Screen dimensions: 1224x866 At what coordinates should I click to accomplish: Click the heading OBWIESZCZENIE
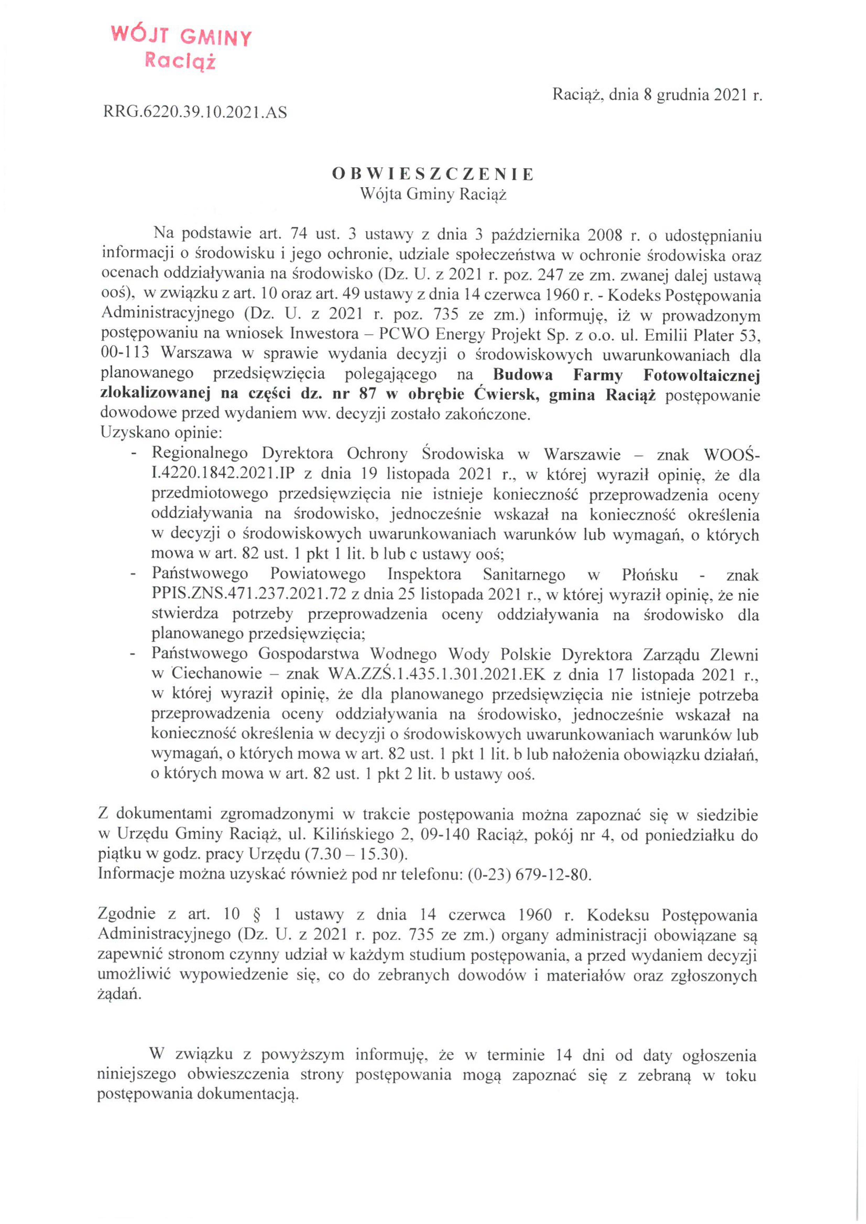tap(432, 174)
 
